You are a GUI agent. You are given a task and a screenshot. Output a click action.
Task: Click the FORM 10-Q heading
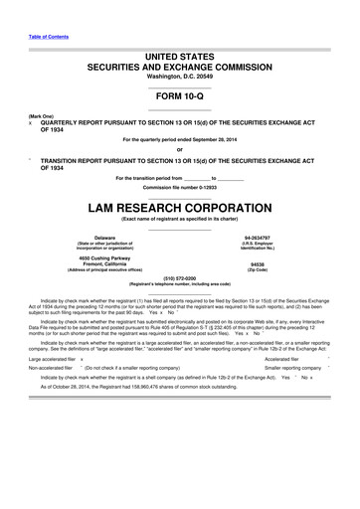(x=179, y=96)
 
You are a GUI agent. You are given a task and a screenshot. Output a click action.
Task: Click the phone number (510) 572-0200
(x=179, y=278)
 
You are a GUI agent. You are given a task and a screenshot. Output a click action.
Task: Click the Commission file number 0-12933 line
(x=179, y=187)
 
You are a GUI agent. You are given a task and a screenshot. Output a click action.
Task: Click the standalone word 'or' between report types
(x=179, y=150)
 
